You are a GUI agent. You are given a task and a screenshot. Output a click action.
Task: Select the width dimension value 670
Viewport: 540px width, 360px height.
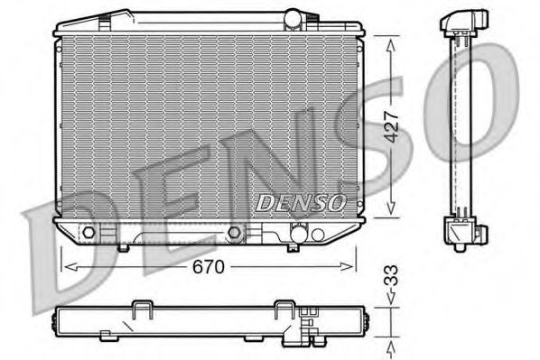[207, 268]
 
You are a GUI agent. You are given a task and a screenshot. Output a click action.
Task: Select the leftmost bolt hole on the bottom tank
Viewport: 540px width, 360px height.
[88, 234]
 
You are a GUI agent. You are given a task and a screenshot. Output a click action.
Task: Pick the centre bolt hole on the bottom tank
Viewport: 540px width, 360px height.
[236, 234]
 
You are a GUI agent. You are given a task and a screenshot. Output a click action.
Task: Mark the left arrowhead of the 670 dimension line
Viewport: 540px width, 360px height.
[63, 265]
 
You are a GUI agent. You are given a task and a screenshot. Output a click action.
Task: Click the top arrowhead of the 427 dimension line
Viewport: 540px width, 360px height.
[391, 41]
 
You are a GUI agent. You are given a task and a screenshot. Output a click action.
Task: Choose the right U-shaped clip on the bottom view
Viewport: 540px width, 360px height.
[290, 309]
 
